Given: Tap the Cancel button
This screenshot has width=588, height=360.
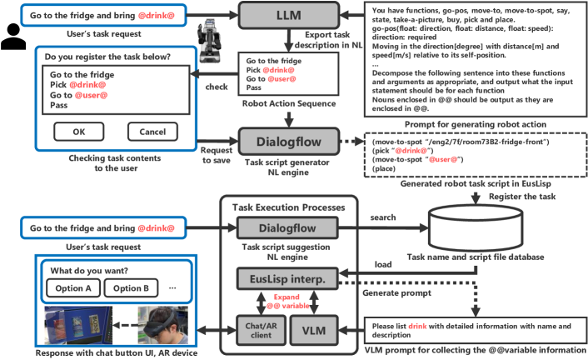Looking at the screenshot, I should tap(152, 132).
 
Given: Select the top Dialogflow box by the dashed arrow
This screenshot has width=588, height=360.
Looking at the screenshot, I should tap(287, 139).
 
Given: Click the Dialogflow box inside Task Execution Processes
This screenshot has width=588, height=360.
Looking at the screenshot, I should tap(287, 227).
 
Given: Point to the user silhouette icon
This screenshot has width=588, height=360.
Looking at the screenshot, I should tap(14, 35).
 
